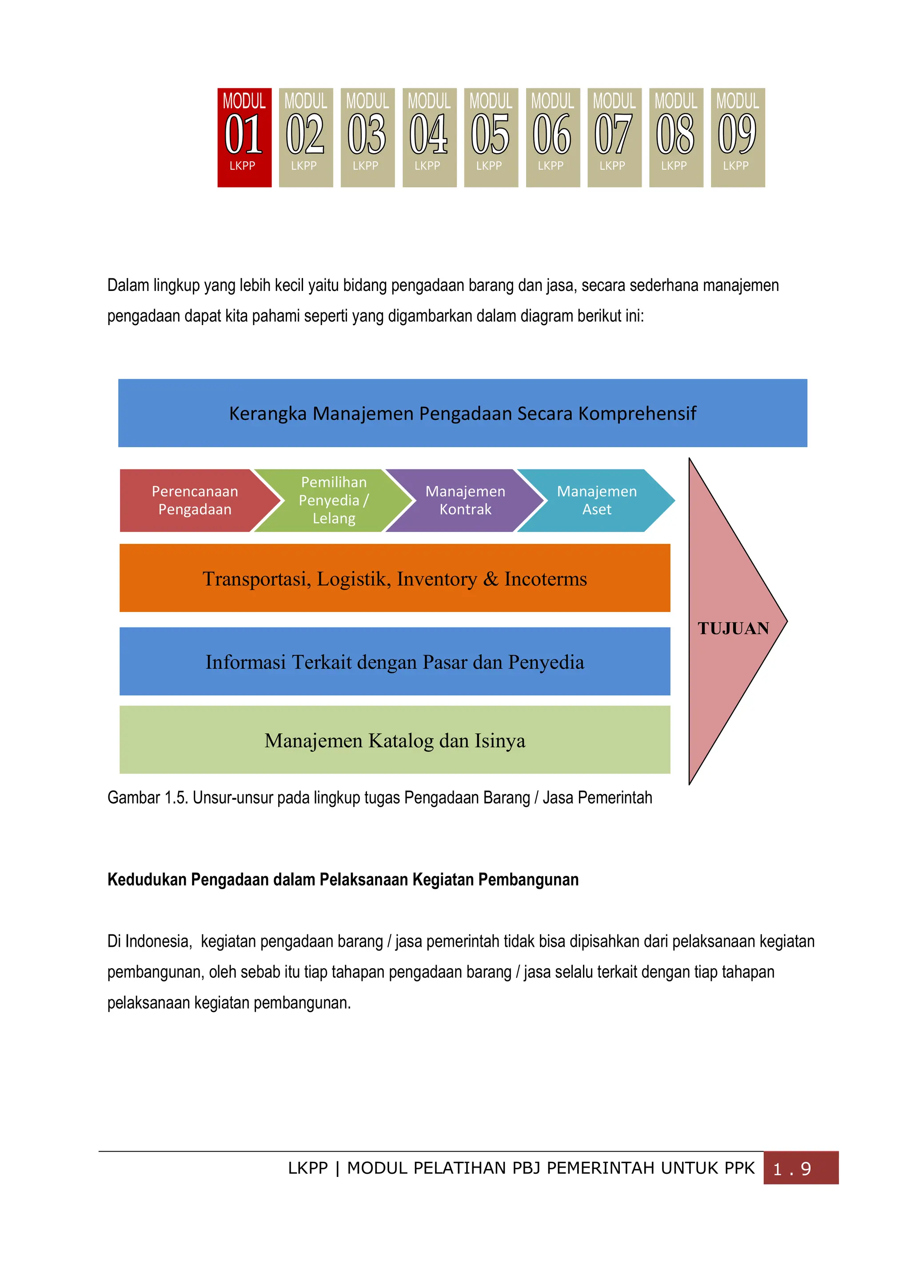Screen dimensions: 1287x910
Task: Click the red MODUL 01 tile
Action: point(244,137)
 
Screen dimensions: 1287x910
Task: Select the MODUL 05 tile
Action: point(491,137)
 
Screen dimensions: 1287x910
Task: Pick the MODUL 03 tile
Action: point(367,137)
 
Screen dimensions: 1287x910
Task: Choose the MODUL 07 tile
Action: point(614,137)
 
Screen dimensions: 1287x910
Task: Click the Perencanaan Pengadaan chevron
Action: point(195,500)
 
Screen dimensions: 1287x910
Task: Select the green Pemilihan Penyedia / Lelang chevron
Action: point(334,500)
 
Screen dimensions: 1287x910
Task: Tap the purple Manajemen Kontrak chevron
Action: point(465,500)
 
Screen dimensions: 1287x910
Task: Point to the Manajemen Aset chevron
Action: point(597,500)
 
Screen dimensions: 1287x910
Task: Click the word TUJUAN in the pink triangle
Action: point(733,628)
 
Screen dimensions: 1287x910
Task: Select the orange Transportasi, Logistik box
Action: point(394,578)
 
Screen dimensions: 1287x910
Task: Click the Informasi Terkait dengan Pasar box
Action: point(394,661)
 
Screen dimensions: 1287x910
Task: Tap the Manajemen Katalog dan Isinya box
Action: point(394,740)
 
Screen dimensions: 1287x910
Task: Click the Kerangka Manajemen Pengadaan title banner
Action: point(462,413)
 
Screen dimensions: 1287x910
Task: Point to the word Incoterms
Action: point(545,579)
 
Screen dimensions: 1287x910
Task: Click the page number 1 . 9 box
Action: point(800,1168)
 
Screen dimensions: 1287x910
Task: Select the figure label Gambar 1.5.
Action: point(148,798)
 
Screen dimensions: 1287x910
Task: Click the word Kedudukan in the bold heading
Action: point(147,879)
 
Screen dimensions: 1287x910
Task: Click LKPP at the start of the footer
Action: point(307,1168)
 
